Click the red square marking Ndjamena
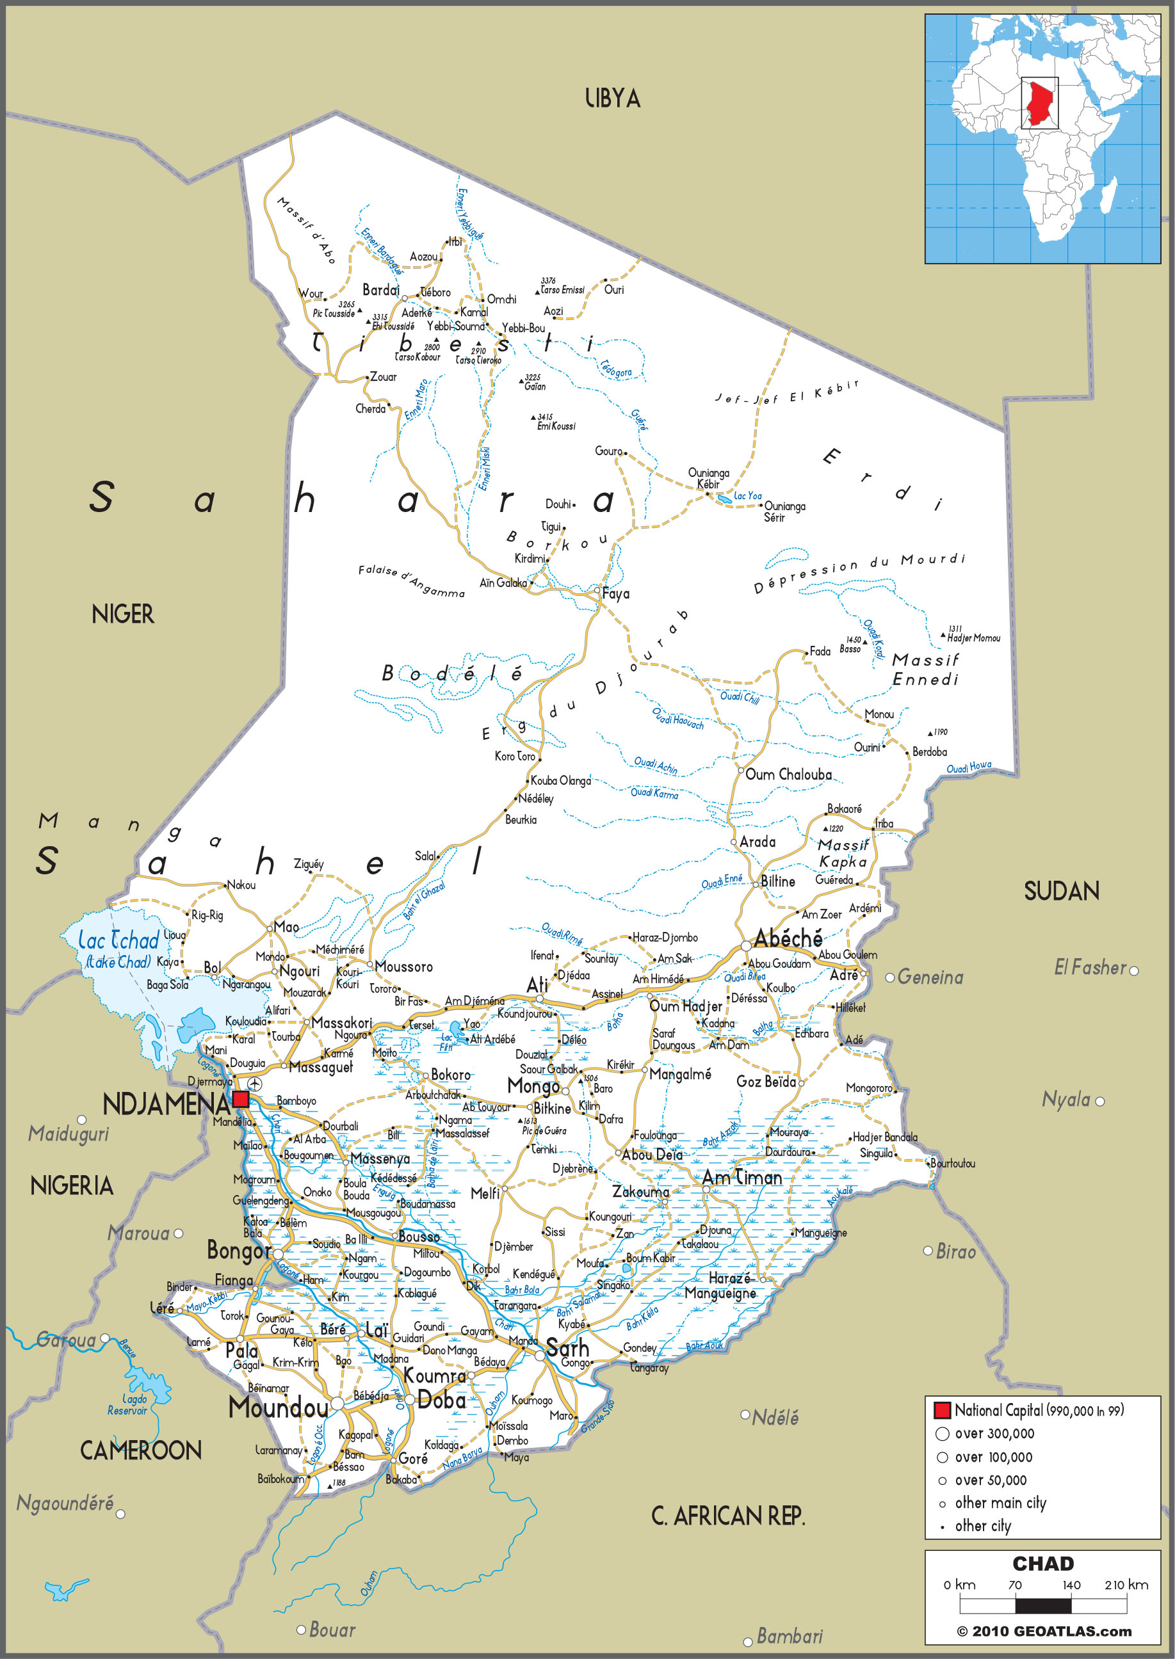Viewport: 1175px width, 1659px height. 241,1100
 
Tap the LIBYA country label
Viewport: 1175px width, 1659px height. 612,99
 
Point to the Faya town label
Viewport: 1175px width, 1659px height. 616,594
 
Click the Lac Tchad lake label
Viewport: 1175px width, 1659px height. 118,941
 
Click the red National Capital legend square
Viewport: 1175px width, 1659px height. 941,1410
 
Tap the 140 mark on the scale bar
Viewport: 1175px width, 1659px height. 1071,1585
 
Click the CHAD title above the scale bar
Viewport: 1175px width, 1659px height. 1042,1563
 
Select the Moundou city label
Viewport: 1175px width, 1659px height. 279,1407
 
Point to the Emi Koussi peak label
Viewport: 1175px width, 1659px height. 556,426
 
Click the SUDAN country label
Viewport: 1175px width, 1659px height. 1062,891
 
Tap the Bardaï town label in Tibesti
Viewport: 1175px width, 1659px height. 380,290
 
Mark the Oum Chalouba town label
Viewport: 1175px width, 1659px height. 789,774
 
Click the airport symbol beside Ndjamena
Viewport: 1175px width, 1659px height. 255,1084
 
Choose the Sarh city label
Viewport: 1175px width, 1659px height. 568,1347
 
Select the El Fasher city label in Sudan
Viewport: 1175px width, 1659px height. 1090,967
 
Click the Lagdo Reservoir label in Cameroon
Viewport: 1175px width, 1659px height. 129,1404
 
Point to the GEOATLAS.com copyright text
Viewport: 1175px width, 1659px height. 1044,1631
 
